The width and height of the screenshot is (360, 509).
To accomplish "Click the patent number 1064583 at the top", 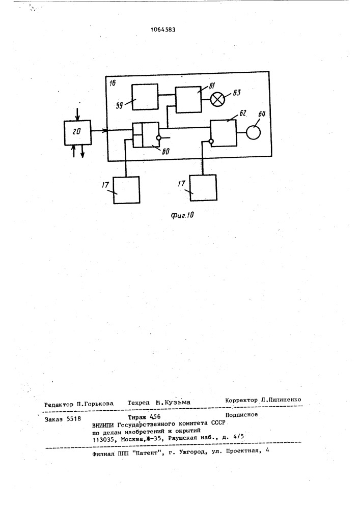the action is tap(163, 30).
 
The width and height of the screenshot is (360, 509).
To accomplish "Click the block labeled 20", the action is tap(77, 132).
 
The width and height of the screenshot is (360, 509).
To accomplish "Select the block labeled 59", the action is tap(145, 97).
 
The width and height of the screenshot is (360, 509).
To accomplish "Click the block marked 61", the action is tap(188, 100).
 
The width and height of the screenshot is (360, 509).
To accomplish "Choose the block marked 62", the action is tap(224, 133).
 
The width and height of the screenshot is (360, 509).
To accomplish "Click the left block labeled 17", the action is tap(127, 190).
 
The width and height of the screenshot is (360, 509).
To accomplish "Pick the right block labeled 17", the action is tap(203, 188).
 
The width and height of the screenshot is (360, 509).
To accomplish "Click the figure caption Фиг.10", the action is tap(183, 215).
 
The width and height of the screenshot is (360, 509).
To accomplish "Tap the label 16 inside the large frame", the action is tap(113, 83).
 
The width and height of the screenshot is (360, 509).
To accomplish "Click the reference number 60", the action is tap(165, 152).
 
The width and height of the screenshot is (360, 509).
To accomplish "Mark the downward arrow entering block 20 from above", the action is tap(77, 114).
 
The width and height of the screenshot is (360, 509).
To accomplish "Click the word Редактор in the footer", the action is tap(59, 404).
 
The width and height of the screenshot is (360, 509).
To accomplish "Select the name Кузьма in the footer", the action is tap(178, 403).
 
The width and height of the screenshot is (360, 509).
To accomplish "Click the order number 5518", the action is tap(74, 419).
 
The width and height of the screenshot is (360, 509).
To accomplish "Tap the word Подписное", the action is tap(241, 414).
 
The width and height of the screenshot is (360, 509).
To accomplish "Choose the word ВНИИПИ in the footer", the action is tap(103, 424).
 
